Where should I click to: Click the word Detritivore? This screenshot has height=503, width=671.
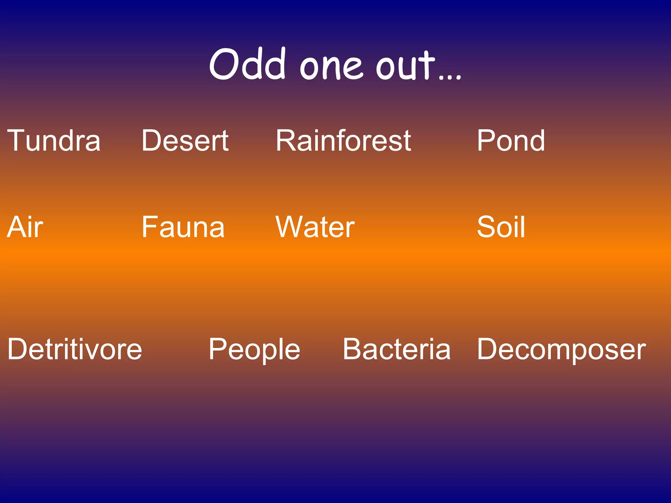coord(75,349)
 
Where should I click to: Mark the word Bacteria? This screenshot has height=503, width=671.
coord(397,349)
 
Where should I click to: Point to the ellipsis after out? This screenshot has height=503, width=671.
coord(450,77)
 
